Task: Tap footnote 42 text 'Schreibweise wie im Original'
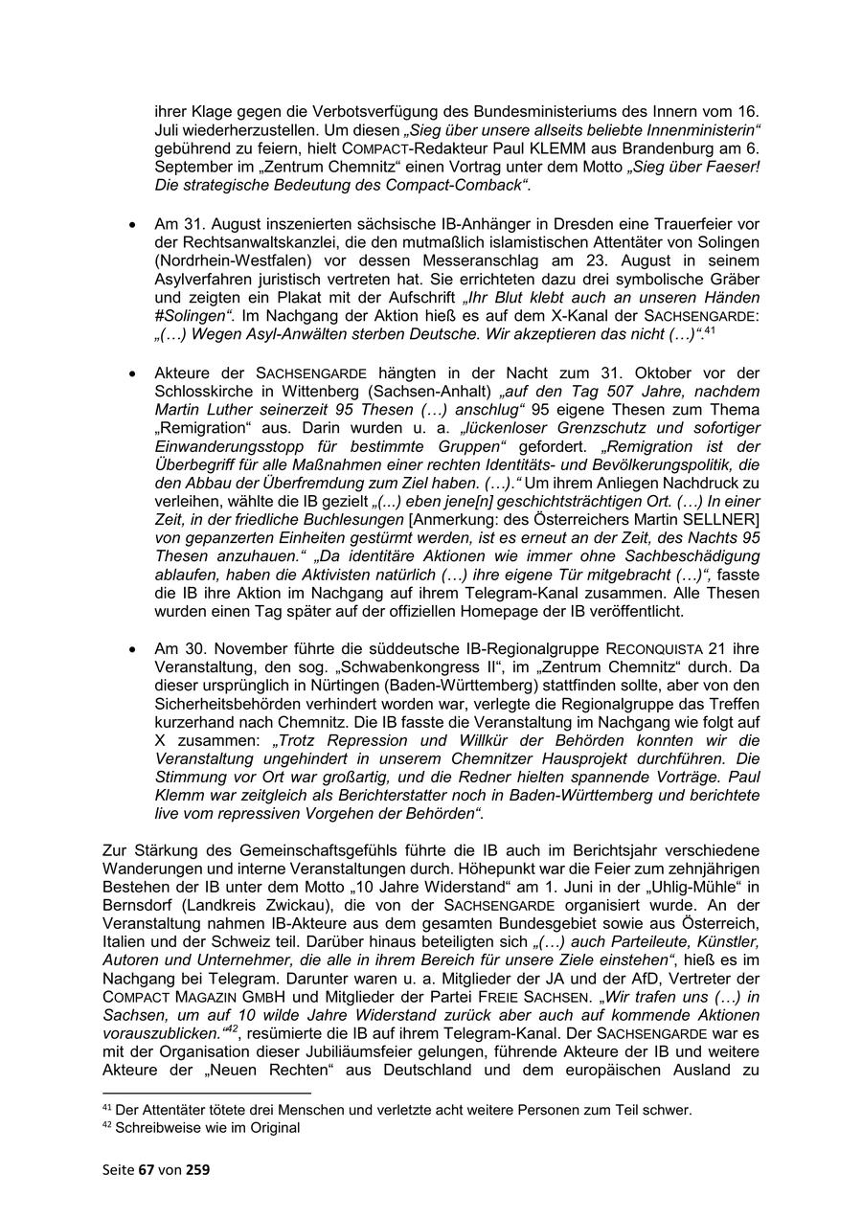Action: pyautogui.click(x=207, y=1128)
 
